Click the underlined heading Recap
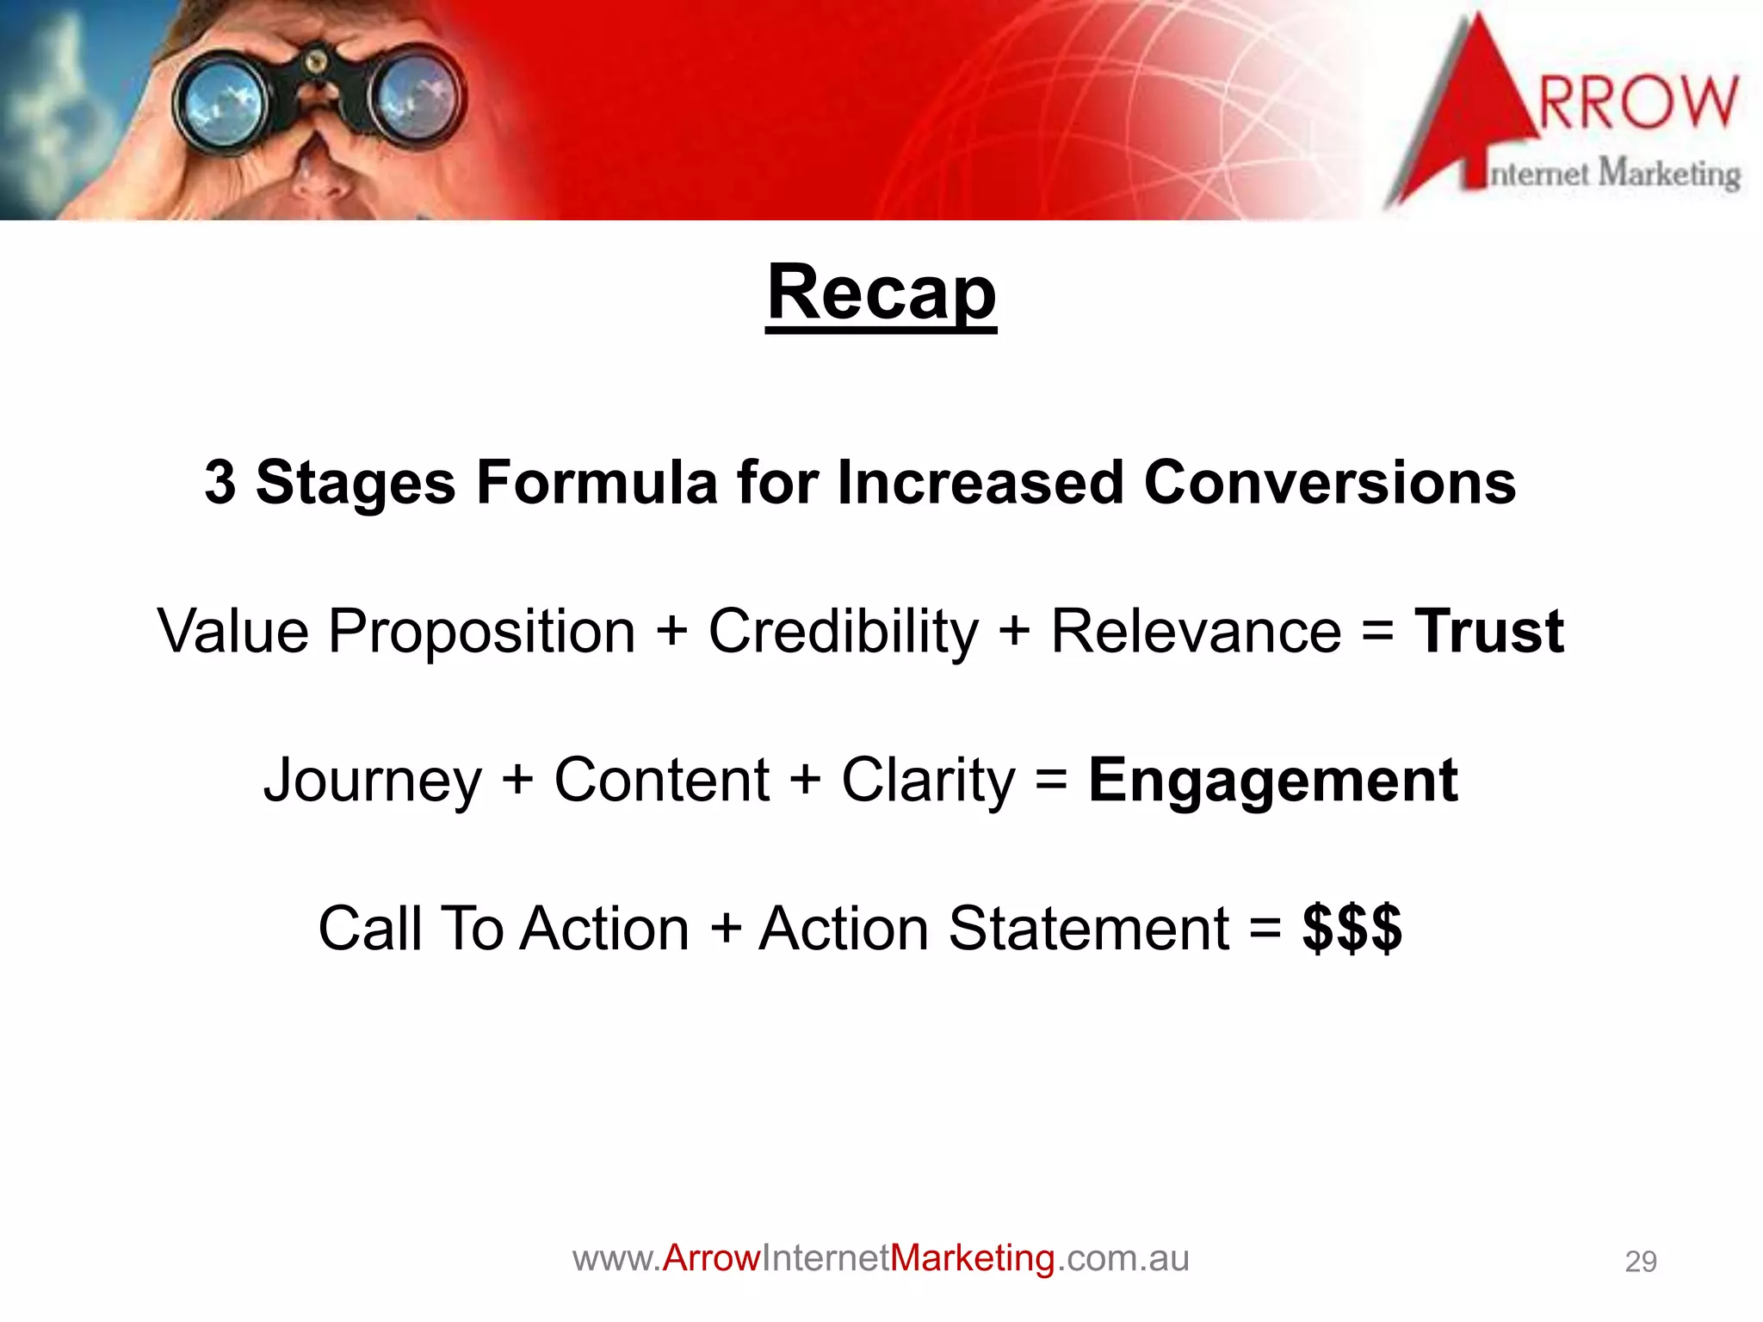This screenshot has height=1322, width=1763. (881, 293)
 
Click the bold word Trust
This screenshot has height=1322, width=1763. (1488, 632)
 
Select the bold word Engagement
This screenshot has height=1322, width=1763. (1272, 781)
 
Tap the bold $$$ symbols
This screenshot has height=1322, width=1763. (1352, 929)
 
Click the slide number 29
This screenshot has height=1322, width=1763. (1640, 1262)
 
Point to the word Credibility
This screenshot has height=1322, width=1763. (843, 632)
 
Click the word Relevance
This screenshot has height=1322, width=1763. (1196, 632)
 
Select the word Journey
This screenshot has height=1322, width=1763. (372, 781)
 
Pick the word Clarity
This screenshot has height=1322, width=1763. (928, 781)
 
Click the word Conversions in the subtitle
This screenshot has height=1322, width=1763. (1329, 483)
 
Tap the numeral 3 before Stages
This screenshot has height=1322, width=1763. (220, 483)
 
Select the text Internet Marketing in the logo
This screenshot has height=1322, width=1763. (1614, 174)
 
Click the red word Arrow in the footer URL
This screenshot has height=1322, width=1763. (711, 1258)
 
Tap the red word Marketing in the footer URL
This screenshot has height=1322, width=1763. (972, 1258)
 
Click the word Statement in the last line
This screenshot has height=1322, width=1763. (1088, 929)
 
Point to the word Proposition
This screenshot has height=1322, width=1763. (482, 632)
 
